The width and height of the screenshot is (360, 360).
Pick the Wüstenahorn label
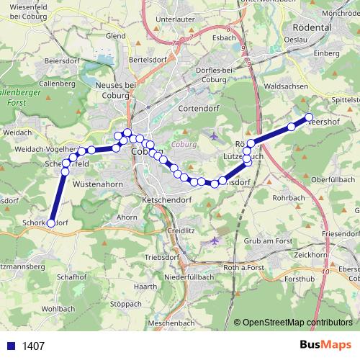[96, 184]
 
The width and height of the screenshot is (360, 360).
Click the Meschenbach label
[171, 323]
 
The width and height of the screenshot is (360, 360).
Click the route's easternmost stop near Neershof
[309, 117]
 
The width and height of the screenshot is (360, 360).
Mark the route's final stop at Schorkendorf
[50, 223]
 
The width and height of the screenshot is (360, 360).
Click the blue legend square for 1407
[12, 346]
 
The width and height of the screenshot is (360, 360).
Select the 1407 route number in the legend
[33, 346]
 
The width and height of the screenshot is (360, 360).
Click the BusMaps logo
[325, 345]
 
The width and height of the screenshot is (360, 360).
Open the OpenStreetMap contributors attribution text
[299, 323]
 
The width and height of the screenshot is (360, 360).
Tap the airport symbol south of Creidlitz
[215, 240]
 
